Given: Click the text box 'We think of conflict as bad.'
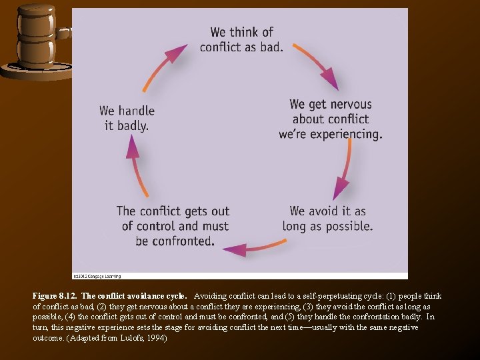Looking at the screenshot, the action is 241,39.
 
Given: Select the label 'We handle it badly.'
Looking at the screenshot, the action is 127,117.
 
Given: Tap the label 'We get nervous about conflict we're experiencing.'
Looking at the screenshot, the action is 331,119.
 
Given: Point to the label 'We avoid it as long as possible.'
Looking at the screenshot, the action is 327,219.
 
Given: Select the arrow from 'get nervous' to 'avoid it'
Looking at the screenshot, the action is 346,171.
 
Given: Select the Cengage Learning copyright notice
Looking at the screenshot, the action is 97,275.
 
